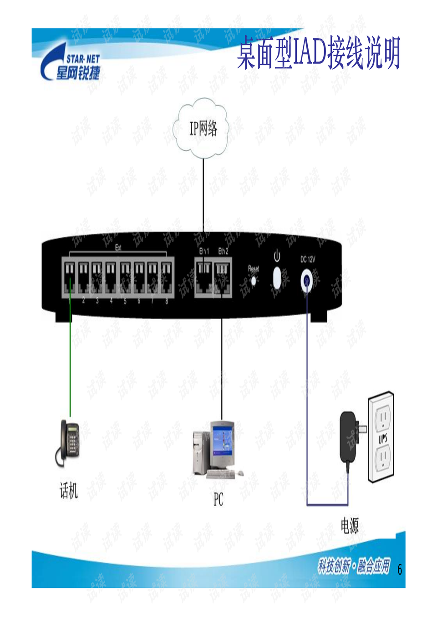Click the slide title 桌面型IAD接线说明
[318, 53]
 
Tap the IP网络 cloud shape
[203, 128]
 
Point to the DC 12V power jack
[307, 280]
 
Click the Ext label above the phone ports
[118, 248]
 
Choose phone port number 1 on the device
[70, 277]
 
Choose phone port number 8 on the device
[167, 277]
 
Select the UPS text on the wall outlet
[382, 438]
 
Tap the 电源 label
[350, 526]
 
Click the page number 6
[399, 569]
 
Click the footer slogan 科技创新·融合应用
[354, 566]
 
